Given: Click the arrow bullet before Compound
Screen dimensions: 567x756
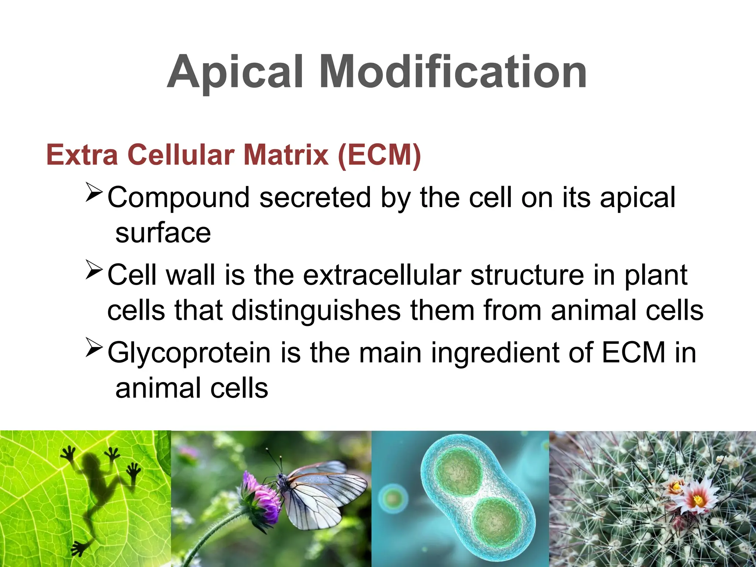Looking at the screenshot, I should coord(94,192).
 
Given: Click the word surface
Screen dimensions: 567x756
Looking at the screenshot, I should coord(163,233).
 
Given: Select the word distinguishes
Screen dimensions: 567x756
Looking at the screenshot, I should coord(316,310).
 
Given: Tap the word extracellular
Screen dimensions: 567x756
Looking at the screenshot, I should coord(382,275).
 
